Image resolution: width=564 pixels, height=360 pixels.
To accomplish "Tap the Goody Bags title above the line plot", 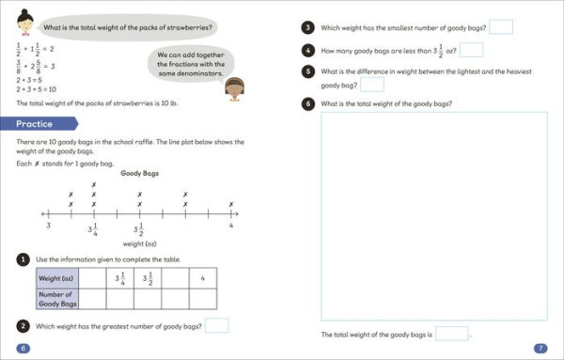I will tap(139, 173).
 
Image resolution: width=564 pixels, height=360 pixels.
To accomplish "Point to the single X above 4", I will tap(230, 204).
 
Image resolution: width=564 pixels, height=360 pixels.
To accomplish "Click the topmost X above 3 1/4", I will tap(93, 184).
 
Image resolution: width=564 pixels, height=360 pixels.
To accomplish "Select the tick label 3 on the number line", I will tap(48, 226).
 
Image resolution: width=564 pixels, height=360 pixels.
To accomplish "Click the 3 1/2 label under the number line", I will tap(139, 229).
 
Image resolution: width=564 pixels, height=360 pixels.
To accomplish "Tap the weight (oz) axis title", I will tap(138, 245).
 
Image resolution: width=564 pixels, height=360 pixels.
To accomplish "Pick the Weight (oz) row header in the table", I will tap(56, 278).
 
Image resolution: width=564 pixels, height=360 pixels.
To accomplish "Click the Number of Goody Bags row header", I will tap(56, 298).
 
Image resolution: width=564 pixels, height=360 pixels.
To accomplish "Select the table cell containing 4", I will tap(203, 278).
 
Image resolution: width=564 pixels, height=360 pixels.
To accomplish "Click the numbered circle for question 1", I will tap(23, 258).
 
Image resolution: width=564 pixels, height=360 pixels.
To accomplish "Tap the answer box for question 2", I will tap(217, 325).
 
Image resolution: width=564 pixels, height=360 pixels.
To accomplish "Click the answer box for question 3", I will tap(501, 26).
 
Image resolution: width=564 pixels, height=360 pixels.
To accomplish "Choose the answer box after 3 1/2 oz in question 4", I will tap(471, 50).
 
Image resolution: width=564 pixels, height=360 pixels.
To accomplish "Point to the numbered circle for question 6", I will tap(307, 102).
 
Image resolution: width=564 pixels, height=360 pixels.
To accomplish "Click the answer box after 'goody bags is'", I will tap(451, 334).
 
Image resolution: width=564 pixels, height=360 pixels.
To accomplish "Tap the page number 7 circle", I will tap(540, 348).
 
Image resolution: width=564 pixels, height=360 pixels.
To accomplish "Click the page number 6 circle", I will tap(23, 349).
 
